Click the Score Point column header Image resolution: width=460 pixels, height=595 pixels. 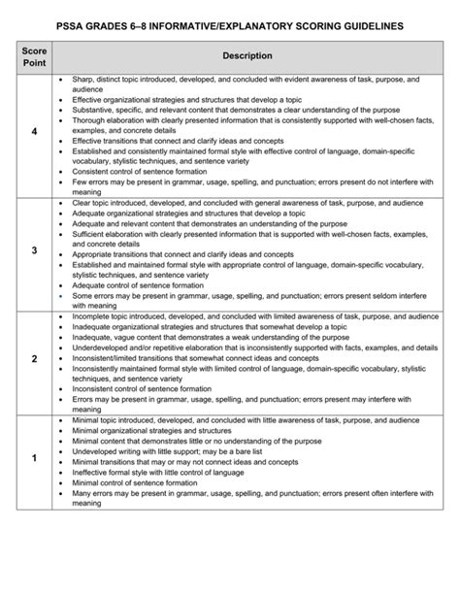click(35, 56)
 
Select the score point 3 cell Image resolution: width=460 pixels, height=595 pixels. click(34, 250)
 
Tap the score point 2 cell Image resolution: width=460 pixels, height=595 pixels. click(34, 359)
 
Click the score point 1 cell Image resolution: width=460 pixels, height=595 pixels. click(34, 457)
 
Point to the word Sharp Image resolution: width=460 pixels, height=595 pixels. click(83, 79)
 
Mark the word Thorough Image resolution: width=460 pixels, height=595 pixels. click(90, 120)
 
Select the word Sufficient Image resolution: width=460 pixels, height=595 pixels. click(92, 234)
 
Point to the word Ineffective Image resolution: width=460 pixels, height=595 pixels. click(94, 472)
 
